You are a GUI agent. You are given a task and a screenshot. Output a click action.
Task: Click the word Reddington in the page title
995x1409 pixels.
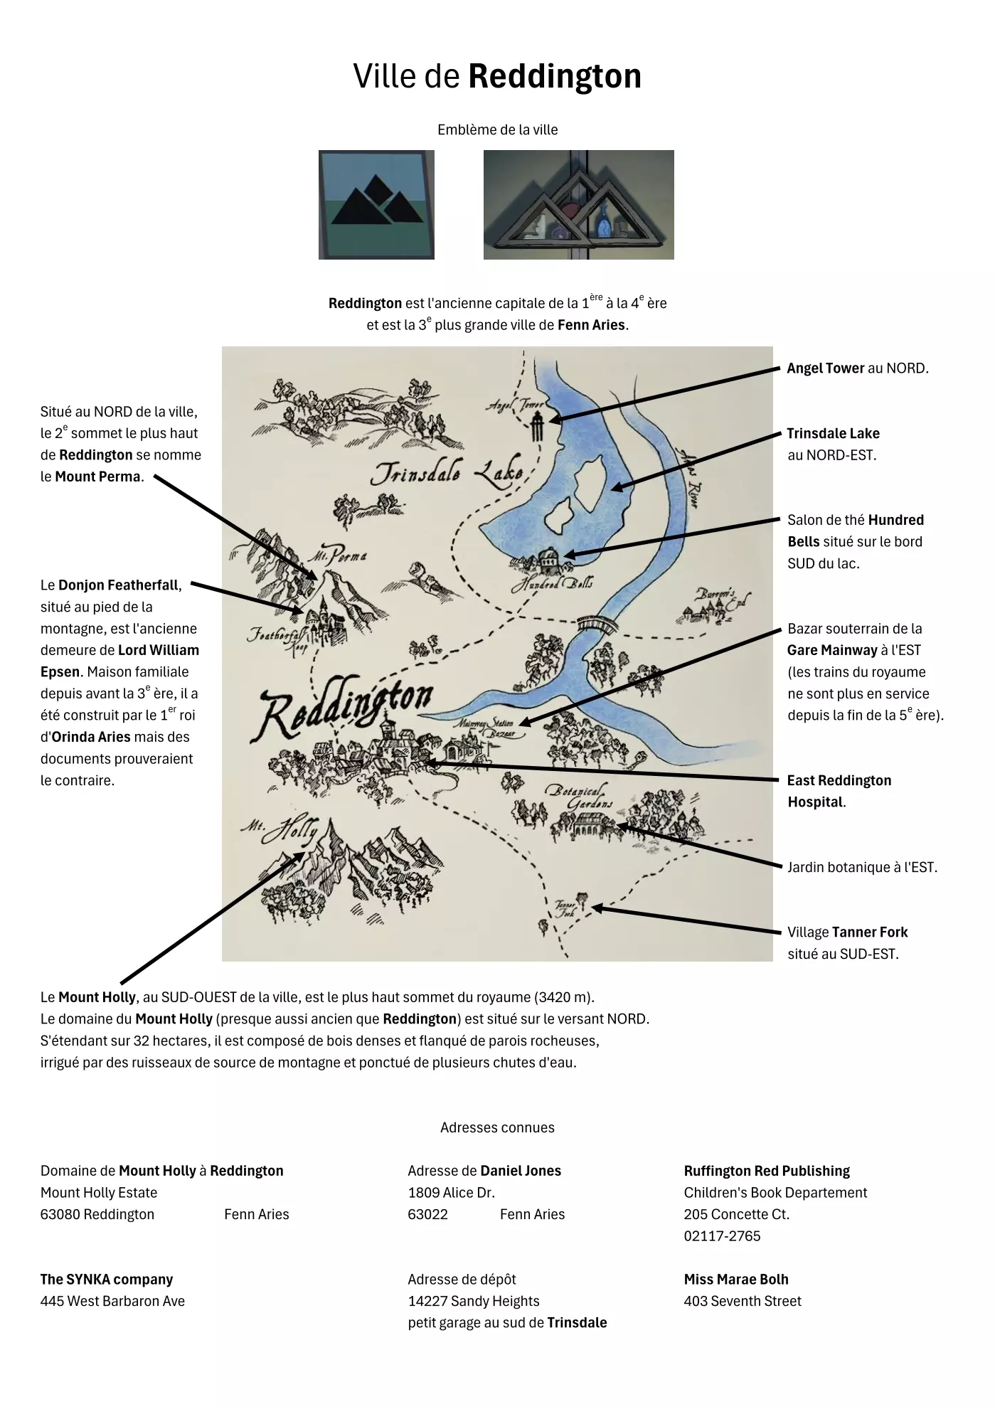pyautogui.click(x=554, y=77)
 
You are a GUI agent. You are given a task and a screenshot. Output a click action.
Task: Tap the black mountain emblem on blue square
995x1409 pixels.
pyautogui.click(x=376, y=204)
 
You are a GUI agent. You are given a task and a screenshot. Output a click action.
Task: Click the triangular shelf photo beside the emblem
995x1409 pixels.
pyautogui.click(x=578, y=204)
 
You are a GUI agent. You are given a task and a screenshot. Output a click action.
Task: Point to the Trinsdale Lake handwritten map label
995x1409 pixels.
pyautogui.click(x=448, y=473)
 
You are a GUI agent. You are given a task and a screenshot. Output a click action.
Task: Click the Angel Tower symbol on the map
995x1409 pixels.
pyautogui.click(x=538, y=426)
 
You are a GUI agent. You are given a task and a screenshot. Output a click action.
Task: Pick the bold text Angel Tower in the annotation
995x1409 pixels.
pyautogui.click(x=825, y=368)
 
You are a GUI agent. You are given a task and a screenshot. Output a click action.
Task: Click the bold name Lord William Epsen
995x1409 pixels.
pyautogui.click(x=120, y=661)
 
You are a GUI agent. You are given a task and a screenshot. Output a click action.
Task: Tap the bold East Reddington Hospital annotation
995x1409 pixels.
pyautogui.click(x=839, y=791)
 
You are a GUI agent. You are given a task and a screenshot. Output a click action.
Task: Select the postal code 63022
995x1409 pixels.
pyautogui.click(x=427, y=1214)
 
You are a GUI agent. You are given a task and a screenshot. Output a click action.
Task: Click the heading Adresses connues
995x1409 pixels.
pyautogui.click(x=497, y=1127)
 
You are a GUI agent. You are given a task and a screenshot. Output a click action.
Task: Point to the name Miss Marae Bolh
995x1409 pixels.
pyautogui.click(x=736, y=1279)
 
